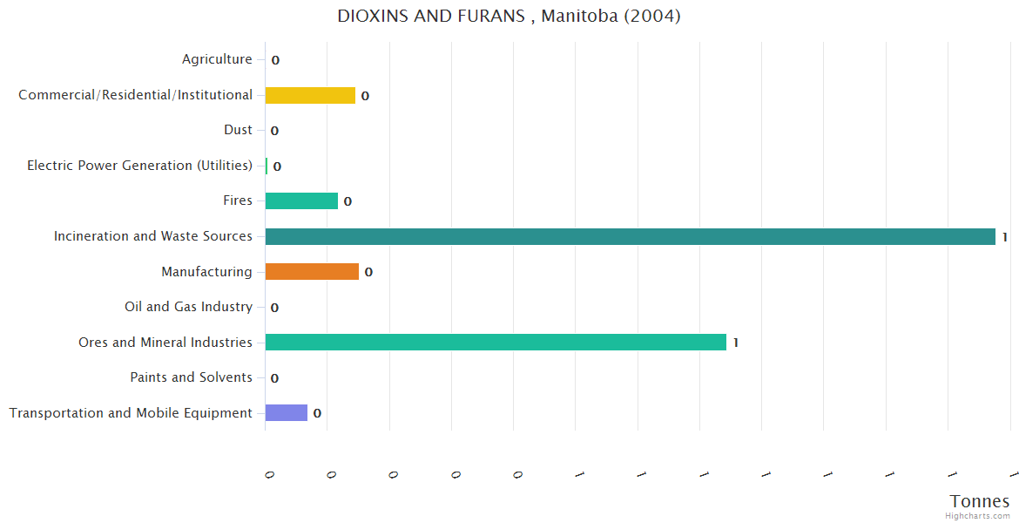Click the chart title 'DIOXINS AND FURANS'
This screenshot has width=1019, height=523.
pyautogui.click(x=509, y=16)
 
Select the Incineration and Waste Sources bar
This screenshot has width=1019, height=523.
pyautogui.click(x=630, y=236)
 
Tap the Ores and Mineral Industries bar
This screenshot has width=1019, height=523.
pyautogui.click(x=496, y=343)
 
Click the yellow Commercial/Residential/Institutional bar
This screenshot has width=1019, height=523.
pyautogui.click(x=310, y=95)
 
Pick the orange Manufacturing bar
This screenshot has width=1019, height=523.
pyautogui.click(x=312, y=272)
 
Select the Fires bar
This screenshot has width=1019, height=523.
pyautogui.click(x=301, y=201)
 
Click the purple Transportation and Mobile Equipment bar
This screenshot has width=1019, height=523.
pyautogui.click(x=287, y=413)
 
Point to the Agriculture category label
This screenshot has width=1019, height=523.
pyautogui.click(x=217, y=59)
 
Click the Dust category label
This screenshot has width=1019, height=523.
pyautogui.click(x=238, y=130)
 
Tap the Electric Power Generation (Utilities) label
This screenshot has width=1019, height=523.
pyautogui.click(x=139, y=166)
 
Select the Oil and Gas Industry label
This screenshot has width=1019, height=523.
pyautogui.click(x=188, y=307)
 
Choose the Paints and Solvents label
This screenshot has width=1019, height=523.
pyautogui.click(x=191, y=377)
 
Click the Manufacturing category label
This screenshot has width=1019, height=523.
pyautogui.click(x=206, y=272)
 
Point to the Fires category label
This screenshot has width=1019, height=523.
pyautogui.click(x=238, y=200)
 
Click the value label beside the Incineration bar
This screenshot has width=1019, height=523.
pyautogui.click(x=1004, y=237)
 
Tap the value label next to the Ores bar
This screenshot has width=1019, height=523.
pyautogui.click(x=736, y=343)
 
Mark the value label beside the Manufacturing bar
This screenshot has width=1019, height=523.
pyautogui.click(x=368, y=272)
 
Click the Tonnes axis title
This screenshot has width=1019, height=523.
pyautogui.click(x=980, y=501)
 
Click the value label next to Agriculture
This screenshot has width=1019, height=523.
pyautogui.click(x=275, y=60)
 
